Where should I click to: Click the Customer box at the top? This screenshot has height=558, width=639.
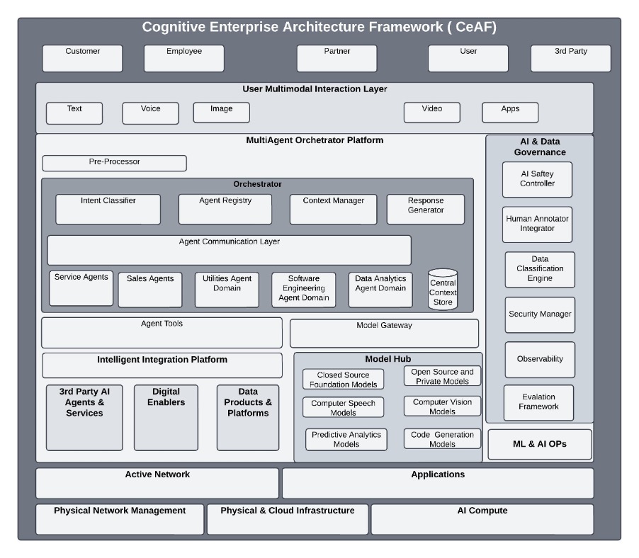tap(82, 58)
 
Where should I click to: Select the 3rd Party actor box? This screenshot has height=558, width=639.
tap(570, 58)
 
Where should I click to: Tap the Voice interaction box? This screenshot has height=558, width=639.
tap(150, 113)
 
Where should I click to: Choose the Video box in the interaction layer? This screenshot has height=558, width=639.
tap(431, 113)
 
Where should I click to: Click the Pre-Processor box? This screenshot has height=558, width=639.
tap(114, 163)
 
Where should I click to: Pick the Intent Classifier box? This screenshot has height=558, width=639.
tap(108, 209)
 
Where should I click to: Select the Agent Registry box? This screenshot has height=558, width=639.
tap(225, 209)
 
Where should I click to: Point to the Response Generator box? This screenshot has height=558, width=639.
tap(425, 209)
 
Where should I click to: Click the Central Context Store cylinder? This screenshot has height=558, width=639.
tap(443, 290)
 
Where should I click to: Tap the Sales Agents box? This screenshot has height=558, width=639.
tap(150, 290)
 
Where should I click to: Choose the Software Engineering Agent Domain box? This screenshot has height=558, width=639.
tap(303, 290)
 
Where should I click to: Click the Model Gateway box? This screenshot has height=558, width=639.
tap(384, 333)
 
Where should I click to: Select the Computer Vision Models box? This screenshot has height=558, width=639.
tap(442, 406)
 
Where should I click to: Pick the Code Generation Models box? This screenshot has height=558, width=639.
tap(442, 439)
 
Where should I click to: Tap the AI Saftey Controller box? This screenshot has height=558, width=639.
tap(536, 179)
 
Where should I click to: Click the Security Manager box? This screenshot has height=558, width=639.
tap(539, 314)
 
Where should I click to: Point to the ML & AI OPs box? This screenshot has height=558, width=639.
tap(539, 444)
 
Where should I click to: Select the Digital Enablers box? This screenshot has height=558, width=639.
tap(166, 417)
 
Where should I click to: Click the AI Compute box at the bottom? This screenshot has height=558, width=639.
tap(482, 519)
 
